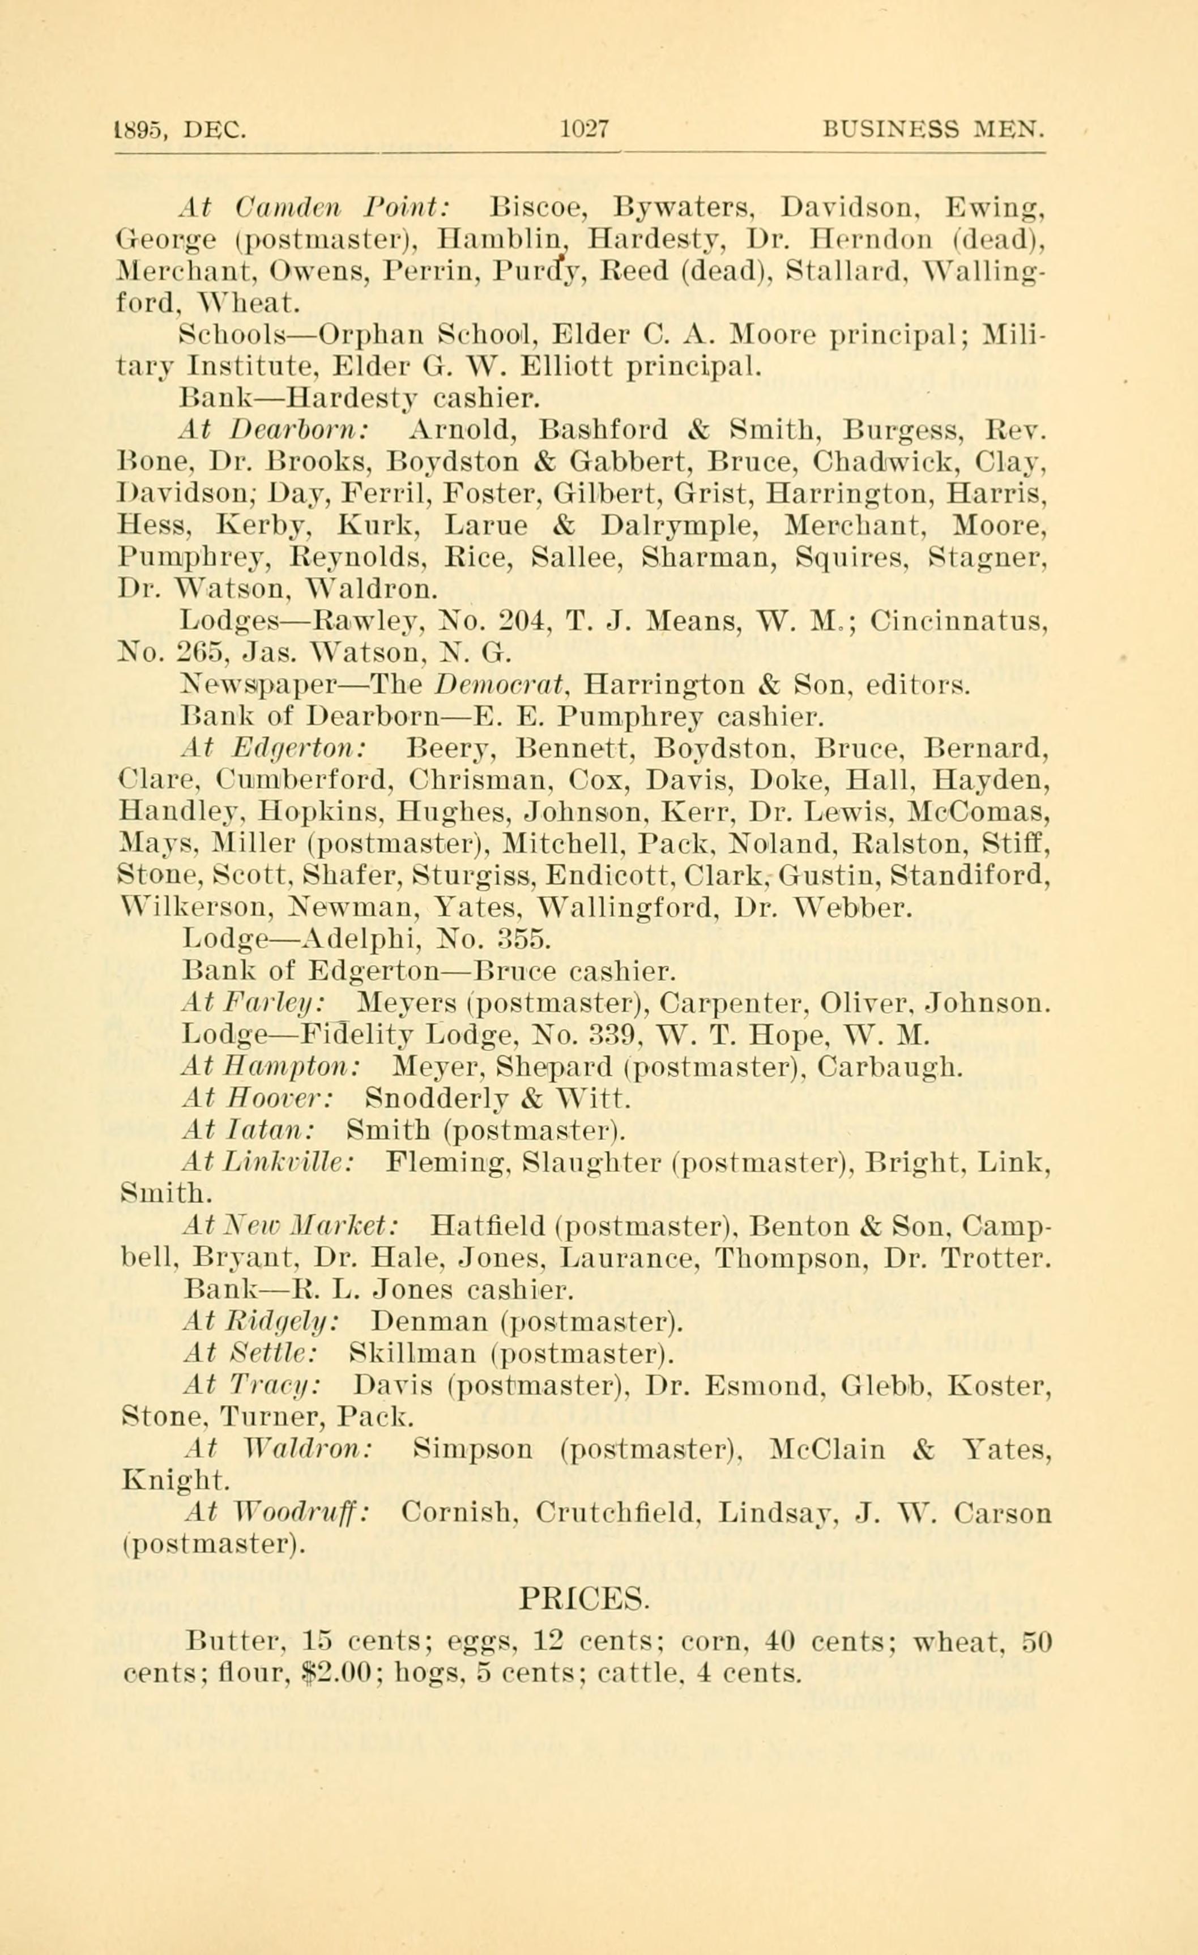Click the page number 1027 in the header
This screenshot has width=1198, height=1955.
[583, 128]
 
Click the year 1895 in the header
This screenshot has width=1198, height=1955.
[142, 129]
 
